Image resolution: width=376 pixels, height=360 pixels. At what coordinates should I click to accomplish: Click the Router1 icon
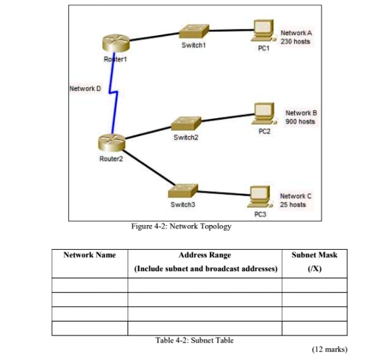click(x=114, y=43)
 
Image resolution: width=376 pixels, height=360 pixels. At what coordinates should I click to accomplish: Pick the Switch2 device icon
click(x=185, y=123)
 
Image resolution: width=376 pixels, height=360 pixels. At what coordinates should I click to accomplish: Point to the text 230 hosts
click(x=295, y=41)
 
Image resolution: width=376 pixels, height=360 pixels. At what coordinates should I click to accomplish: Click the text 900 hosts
click(x=300, y=122)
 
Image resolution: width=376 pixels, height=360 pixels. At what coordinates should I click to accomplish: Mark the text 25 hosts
click(x=293, y=204)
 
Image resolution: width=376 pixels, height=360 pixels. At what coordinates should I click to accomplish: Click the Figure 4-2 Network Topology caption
click(x=181, y=226)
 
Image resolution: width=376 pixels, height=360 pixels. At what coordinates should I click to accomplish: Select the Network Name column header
click(x=89, y=255)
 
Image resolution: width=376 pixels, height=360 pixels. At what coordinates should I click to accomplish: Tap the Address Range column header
click(x=205, y=255)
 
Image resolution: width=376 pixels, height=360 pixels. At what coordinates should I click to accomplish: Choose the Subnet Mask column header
click(x=314, y=255)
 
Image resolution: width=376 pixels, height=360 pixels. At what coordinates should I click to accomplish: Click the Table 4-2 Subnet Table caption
click(x=194, y=340)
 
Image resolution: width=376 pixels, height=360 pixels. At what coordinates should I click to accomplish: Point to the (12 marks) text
click(x=329, y=349)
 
